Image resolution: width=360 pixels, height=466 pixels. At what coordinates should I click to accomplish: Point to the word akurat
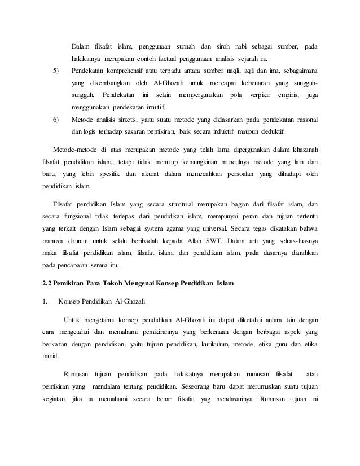(x=147, y=174)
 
